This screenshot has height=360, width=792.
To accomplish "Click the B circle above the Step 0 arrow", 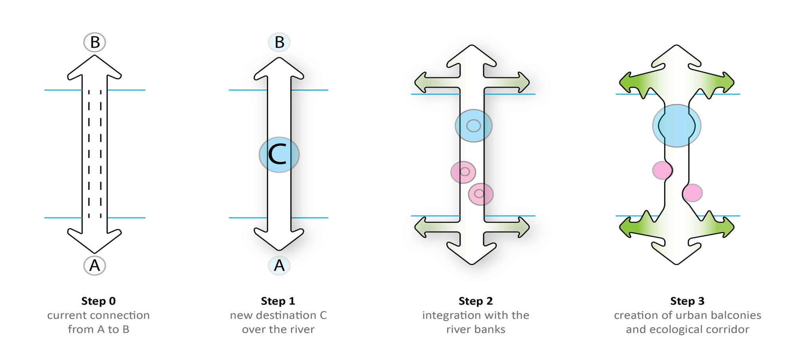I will click(95, 42).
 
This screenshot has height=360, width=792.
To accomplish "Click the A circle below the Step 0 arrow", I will click(95, 265).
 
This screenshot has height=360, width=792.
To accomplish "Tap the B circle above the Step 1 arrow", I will click(279, 42).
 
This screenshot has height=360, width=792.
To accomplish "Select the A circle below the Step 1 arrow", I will click(279, 265).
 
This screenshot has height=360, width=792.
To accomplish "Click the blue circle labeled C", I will click(279, 154).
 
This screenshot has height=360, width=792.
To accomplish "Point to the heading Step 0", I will click(98, 301).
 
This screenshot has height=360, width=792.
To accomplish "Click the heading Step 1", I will click(278, 301).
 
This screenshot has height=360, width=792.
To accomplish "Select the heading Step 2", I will click(476, 301).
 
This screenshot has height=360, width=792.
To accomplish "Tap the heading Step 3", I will click(687, 301).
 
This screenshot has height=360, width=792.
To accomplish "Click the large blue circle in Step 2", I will click(474, 126).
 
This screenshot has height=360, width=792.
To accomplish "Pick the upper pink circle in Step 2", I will click(463, 172).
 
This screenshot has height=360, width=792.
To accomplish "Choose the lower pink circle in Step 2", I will click(481, 194).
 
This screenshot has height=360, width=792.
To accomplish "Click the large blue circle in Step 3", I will click(676, 126).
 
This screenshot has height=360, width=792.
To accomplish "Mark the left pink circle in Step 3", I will click(662, 170).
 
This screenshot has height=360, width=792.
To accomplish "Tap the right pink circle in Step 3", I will click(693, 193).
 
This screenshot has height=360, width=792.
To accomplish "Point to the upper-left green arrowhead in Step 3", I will click(630, 82).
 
